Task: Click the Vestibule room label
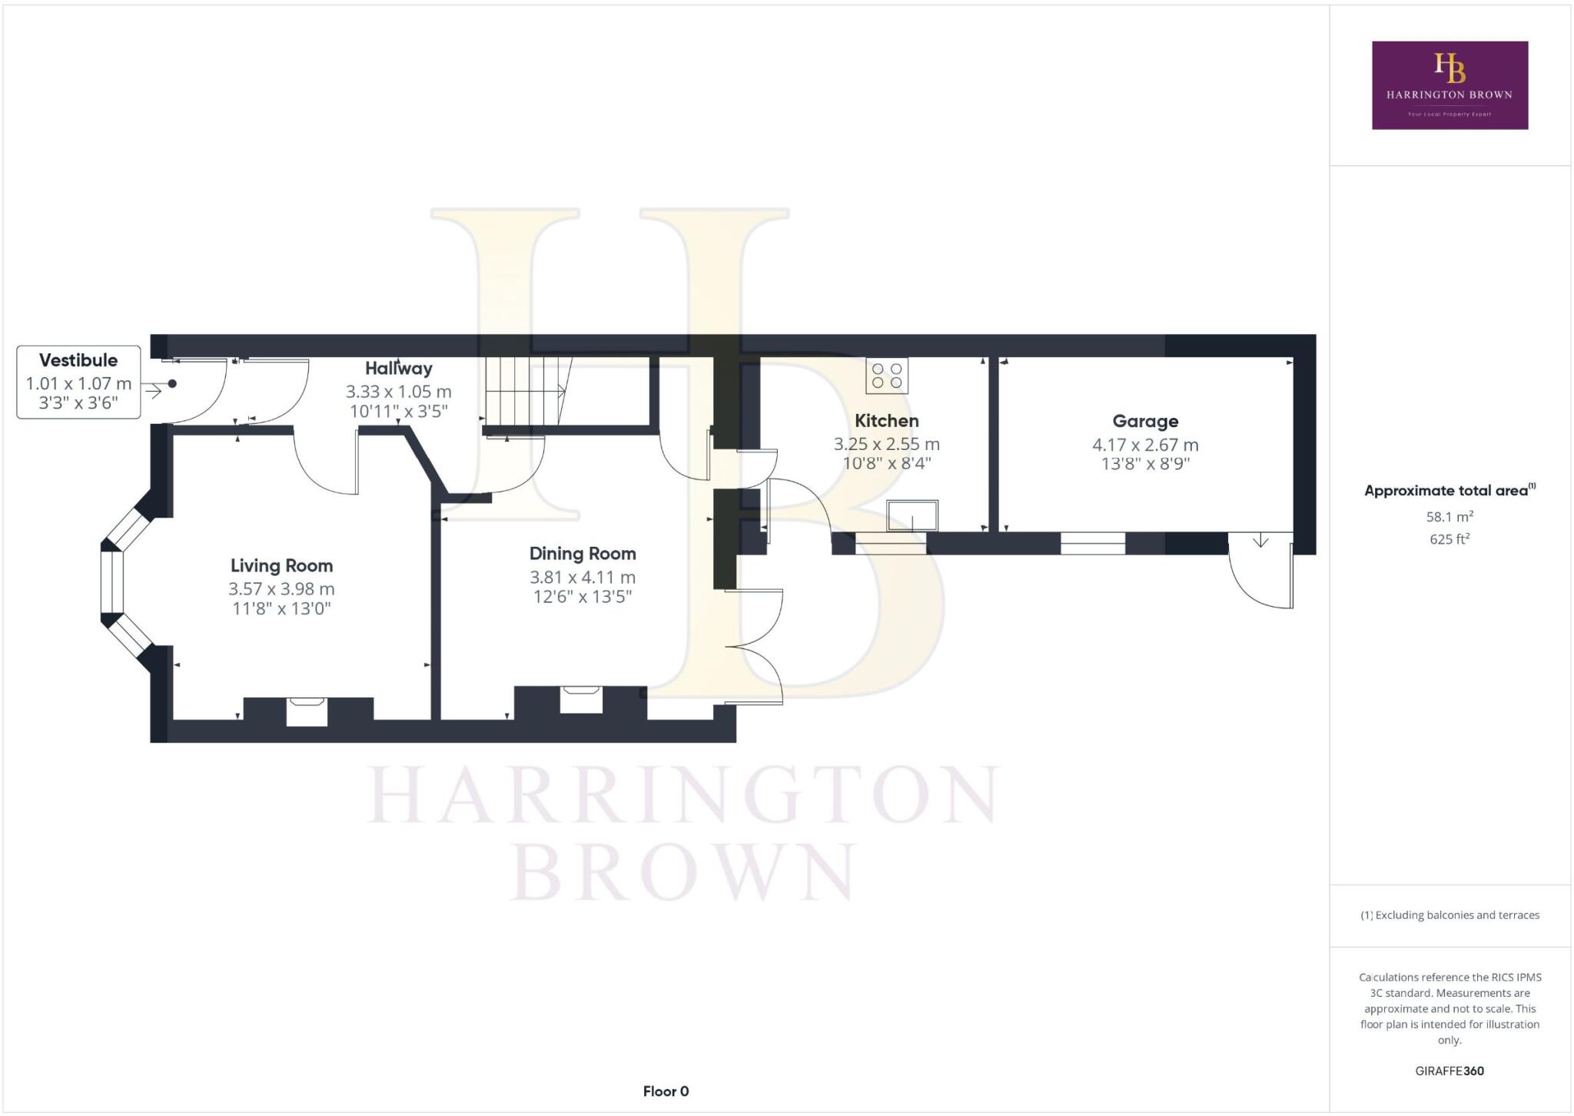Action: [78, 360]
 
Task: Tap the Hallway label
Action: [398, 369]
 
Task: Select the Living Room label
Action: [281, 566]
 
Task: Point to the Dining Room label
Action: [583, 554]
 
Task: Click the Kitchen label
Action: [887, 421]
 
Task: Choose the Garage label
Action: [1145, 422]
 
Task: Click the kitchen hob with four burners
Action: [887, 376]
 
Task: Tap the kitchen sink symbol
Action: [912, 515]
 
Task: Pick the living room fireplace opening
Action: [307, 711]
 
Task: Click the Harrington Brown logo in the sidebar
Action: [1449, 85]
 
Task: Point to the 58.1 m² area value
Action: [1449, 517]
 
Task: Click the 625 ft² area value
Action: [1449, 539]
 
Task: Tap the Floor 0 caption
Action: [666, 1091]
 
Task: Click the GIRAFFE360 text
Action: [1449, 1071]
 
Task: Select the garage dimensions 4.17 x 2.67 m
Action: [1145, 445]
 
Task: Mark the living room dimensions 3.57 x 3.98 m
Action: [281, 589]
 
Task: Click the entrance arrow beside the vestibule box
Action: [154, 392]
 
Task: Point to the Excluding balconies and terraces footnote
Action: [1449, 915]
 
